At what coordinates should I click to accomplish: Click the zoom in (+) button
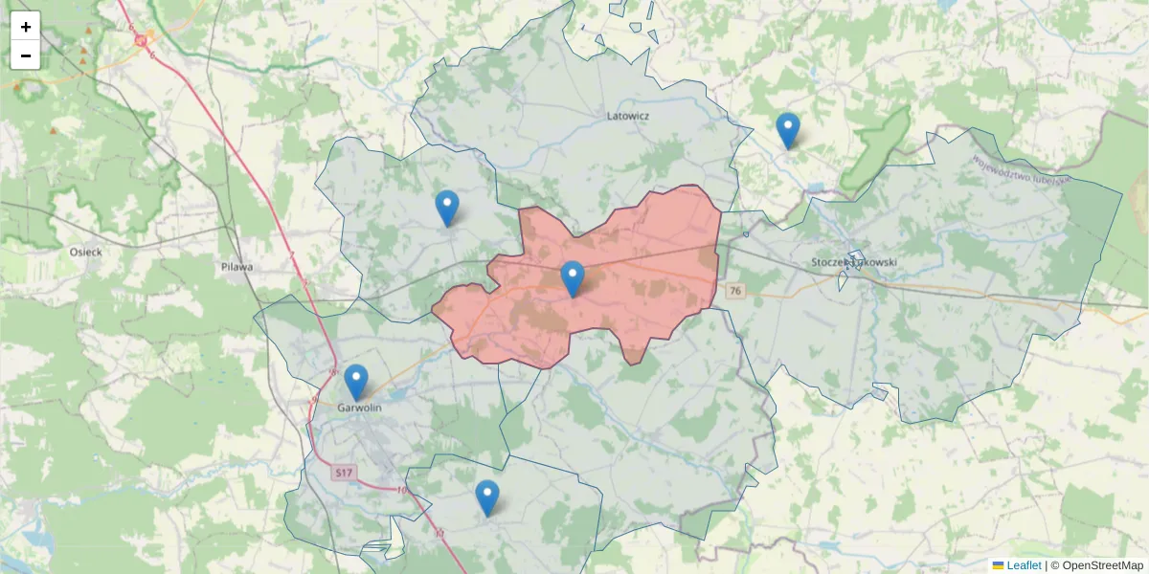pos(26,27)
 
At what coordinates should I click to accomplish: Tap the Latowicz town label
pos(628,116)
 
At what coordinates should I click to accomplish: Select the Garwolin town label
pos(360,408)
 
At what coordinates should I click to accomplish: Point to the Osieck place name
pos(86,252)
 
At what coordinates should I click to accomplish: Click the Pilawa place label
pos(236,267)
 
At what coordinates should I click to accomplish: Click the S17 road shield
pos(345,473)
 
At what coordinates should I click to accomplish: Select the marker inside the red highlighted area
pos(573,278)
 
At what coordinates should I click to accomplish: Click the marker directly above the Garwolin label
pos(356,382)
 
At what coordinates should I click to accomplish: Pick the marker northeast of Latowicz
pos(788,130)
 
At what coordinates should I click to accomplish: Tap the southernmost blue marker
pos(487,497)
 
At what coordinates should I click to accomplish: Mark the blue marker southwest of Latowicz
pos(447,208)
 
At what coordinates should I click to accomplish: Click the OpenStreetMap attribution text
pos(1102,565)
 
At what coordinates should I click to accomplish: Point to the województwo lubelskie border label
pos(1023,171)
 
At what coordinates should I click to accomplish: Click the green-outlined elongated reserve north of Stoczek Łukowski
pos(875,149)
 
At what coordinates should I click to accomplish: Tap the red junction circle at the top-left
pos(142,40)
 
